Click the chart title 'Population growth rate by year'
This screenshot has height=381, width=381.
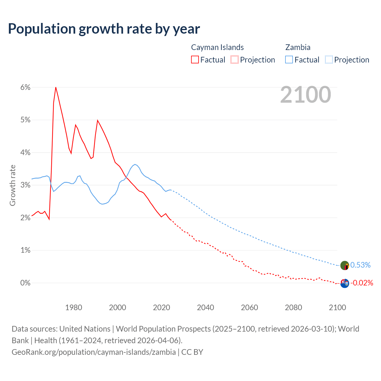point(104,29)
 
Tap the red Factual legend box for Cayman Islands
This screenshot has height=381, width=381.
point(195,60)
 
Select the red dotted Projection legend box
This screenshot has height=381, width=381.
point(235,60)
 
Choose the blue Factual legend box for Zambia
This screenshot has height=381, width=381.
point(289,60)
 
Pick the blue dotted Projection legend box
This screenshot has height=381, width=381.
point(329,60)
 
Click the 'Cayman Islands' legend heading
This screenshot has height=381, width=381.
point(217,47)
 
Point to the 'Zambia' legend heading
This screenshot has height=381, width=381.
point(298,47)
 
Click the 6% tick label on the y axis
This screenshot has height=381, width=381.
point(25,87)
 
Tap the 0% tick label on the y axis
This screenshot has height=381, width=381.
point(25,283)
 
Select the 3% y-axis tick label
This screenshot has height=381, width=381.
point(25,185)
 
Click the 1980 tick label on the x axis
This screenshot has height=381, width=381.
point(74,307)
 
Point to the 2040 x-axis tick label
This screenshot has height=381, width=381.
point(205,307)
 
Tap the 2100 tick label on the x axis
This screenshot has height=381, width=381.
point(337,307)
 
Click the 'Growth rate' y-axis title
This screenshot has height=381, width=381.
point(13,185)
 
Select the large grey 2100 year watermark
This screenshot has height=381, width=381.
point(305,95)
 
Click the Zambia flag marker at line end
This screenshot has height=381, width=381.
point(345,265)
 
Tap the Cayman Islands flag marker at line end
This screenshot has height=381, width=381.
point(345,283)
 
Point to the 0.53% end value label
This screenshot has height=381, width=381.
point(360,265)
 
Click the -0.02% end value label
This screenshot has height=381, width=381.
point(362,283)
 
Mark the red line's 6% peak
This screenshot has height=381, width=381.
point(56,87)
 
